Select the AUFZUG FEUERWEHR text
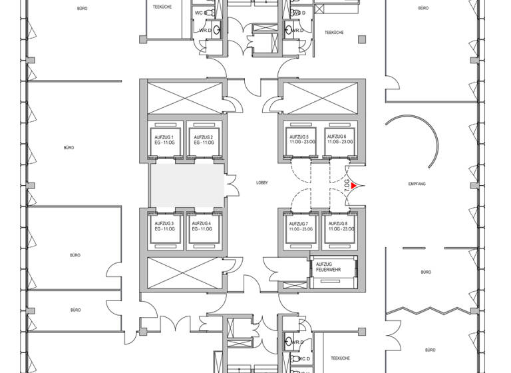tap(328, 268)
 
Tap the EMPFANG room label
tap(417, 183)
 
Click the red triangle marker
tap(355, 186)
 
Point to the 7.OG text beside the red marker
tap(347, 186)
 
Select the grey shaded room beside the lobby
tap(186, 185)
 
